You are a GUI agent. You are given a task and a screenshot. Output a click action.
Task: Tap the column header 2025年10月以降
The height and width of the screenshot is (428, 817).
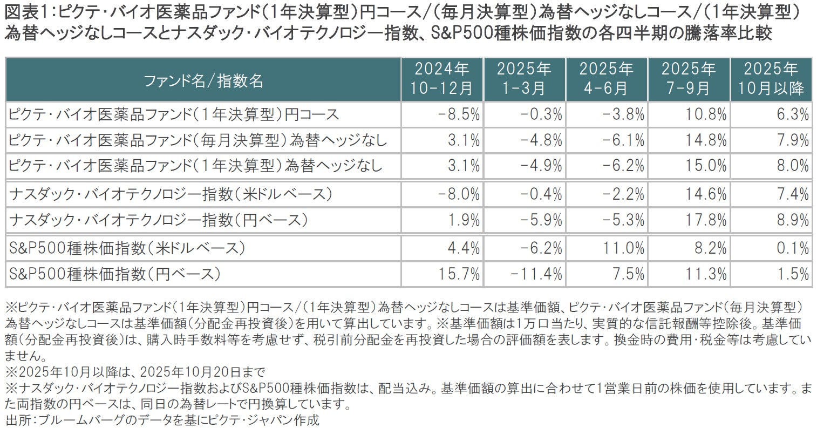[x=771, y=79]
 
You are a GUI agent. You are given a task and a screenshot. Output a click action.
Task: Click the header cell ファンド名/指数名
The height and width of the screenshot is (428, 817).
[x=203, y=80]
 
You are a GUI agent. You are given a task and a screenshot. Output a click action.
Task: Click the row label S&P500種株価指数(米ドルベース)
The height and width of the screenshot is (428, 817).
[x=128, y=248]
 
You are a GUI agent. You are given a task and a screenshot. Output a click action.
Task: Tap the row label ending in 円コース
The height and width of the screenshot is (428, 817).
[x=174, y=114]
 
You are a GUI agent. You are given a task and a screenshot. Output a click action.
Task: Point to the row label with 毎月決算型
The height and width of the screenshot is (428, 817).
[x=198, y=140]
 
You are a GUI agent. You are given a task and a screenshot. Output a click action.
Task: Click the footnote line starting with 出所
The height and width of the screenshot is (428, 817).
[x=162, y=420]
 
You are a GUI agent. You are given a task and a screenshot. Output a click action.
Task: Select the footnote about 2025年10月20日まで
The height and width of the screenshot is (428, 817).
[x=135, y=371]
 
